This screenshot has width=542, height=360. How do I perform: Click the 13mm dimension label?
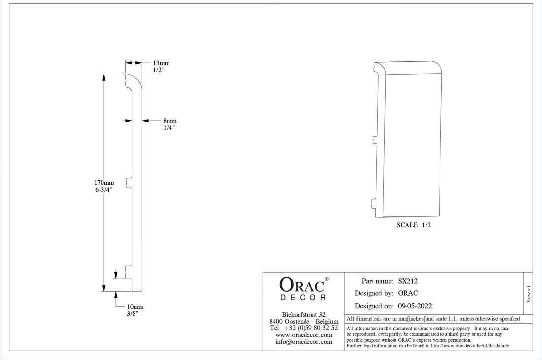[161, 63]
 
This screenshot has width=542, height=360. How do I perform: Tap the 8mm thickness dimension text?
[169, 121]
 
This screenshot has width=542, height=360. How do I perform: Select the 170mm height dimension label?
[104, 183]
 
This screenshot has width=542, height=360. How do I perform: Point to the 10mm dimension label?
[135, 307]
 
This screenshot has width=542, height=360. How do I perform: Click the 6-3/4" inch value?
[104, 190]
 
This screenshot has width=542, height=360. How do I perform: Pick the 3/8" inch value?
[133, 313]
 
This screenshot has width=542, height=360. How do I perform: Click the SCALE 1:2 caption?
[413, 225]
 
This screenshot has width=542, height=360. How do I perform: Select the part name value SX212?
[408, 281]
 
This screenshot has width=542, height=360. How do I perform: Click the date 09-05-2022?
[415, 306]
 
